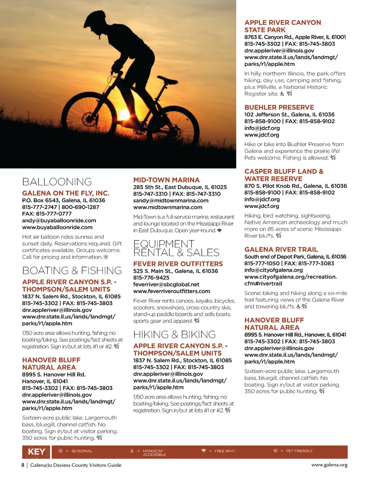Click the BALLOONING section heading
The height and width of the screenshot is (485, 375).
(x=57, y=182)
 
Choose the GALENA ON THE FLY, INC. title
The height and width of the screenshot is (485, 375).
(x=66, y=193)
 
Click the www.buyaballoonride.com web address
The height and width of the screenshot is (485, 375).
(x=57, y=227)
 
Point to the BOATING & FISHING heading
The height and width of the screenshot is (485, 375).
(x=72, y=271)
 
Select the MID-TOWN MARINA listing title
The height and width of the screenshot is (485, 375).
(x=166, y=180)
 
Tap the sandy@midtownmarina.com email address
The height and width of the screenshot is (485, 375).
(x=171, y=200)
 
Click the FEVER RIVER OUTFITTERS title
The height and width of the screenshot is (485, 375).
(x=178, y=264)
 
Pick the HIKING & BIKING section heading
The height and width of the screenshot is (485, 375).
(x=175, y=335)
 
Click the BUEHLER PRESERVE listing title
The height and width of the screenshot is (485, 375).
(x=279, y=107)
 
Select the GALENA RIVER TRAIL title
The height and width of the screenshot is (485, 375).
(x=281, y=250)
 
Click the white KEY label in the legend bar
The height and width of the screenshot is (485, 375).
(x=36, y=452)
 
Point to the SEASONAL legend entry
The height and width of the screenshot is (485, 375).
(x=81, y=451)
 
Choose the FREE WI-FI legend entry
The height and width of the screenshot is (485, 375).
(x=225, y=451)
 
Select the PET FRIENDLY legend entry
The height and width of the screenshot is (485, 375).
(x=299, y=451)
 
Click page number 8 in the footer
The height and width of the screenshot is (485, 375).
(x=23, y=465)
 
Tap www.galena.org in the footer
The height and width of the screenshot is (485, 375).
(x=329, y=465)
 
